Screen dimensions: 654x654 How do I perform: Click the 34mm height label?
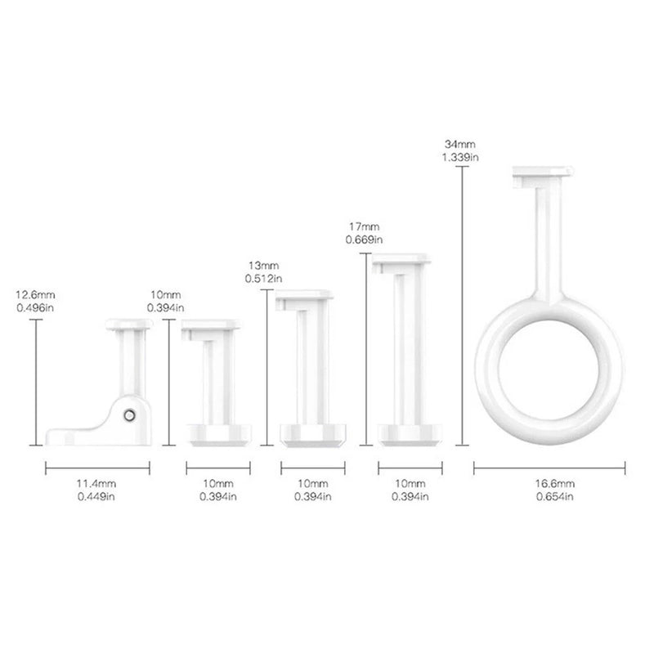pos(459,145)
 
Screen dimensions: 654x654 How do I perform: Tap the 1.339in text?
pos(460,157)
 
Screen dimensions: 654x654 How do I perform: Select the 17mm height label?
pos(364,227)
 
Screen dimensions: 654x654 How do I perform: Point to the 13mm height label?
pos(263,266)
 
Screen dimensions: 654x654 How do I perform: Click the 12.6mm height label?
pos(35,295)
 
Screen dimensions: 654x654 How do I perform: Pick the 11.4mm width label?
pos(96,484)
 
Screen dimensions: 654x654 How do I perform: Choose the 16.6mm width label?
pos(555,484)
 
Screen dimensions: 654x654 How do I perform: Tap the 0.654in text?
pos(555,497)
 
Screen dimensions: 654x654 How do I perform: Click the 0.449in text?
pos(96,497)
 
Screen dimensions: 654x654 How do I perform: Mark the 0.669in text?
pos(364,240)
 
